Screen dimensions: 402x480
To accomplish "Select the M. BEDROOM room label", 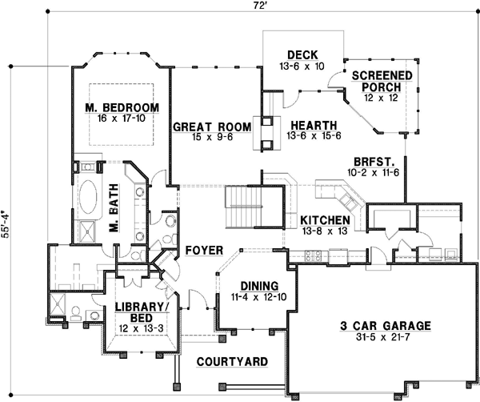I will coord(122,107).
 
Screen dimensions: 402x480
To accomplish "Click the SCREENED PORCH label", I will coord(382,81).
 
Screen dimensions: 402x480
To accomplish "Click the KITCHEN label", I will coord(325,219).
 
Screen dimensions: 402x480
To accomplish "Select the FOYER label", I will coord(203,251).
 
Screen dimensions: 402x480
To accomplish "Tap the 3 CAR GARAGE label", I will coord(380,326).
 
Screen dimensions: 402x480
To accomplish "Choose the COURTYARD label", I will coord(232,362).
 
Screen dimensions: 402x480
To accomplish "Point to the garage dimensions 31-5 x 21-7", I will coord(380,340).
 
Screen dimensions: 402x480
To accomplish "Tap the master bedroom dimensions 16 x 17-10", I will coord(122,119).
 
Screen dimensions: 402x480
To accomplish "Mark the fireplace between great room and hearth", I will coord(262,132).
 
